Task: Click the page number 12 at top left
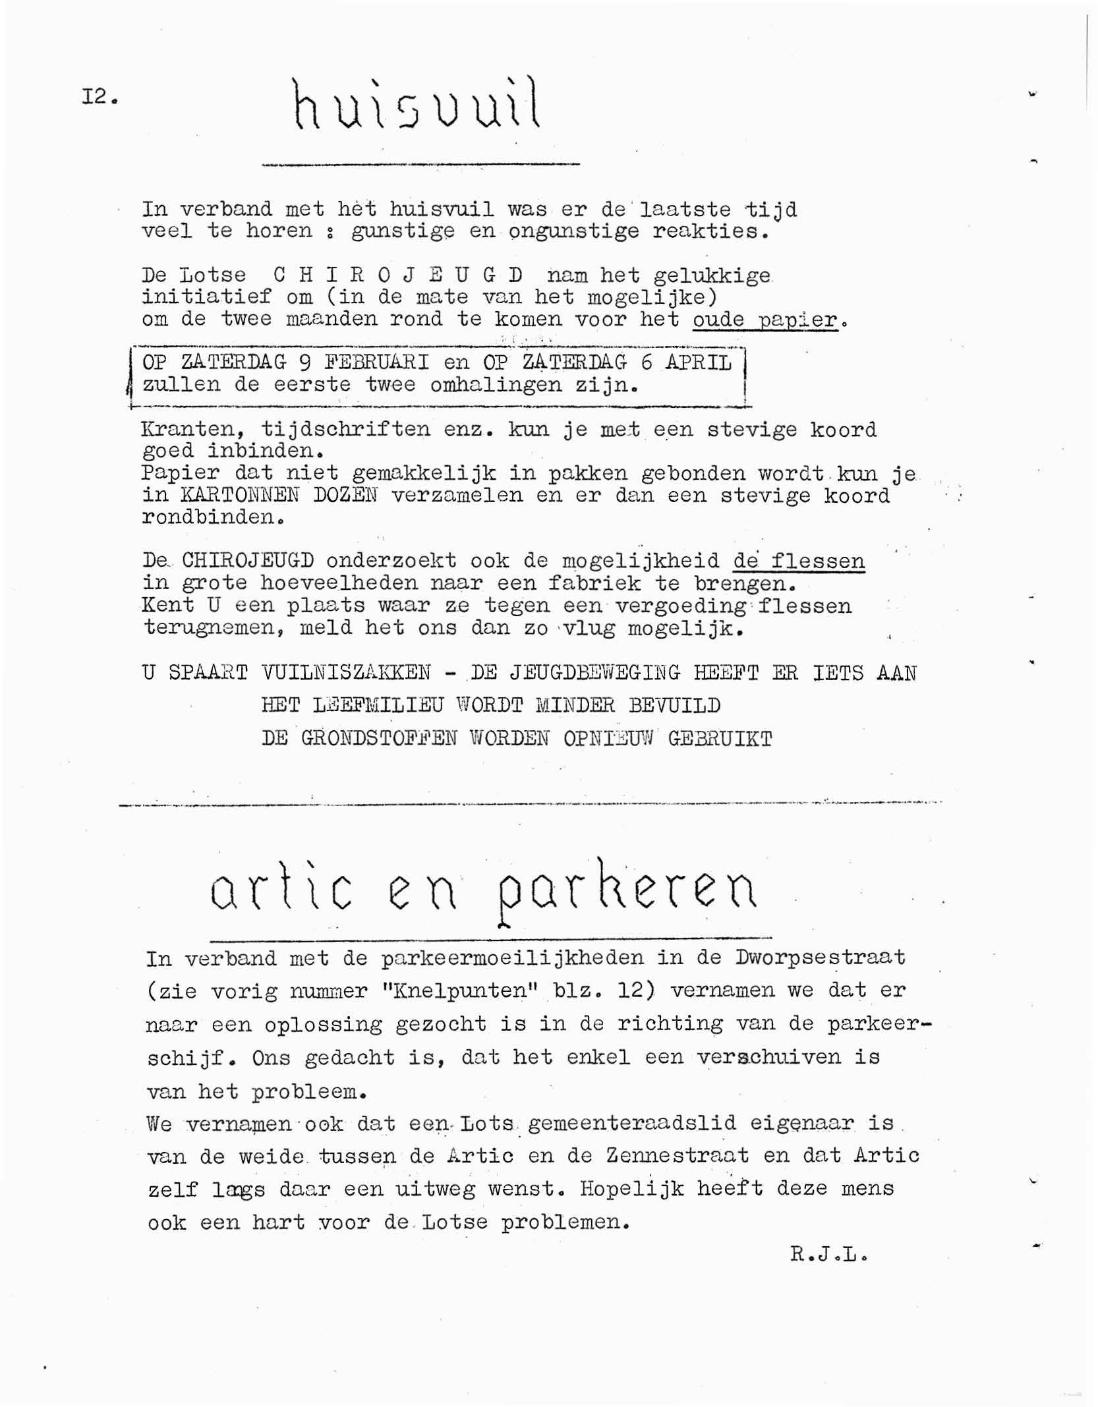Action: click(x=99, y=98)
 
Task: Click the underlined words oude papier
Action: click(x=765, y=320)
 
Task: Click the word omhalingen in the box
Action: click(x=495, y=384)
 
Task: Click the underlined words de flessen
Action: click(x=798, y=561)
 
